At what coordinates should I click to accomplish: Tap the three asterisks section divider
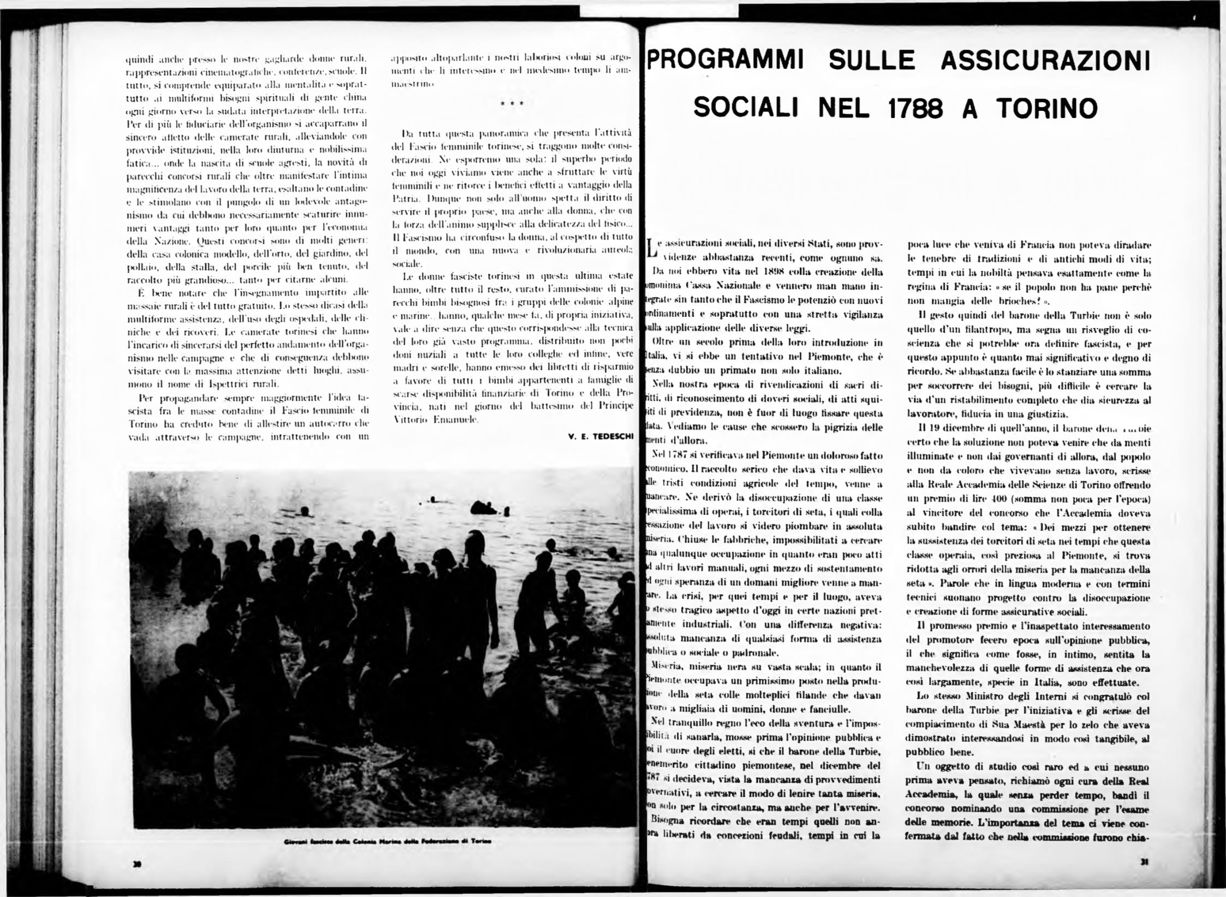tap(513, 103)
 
